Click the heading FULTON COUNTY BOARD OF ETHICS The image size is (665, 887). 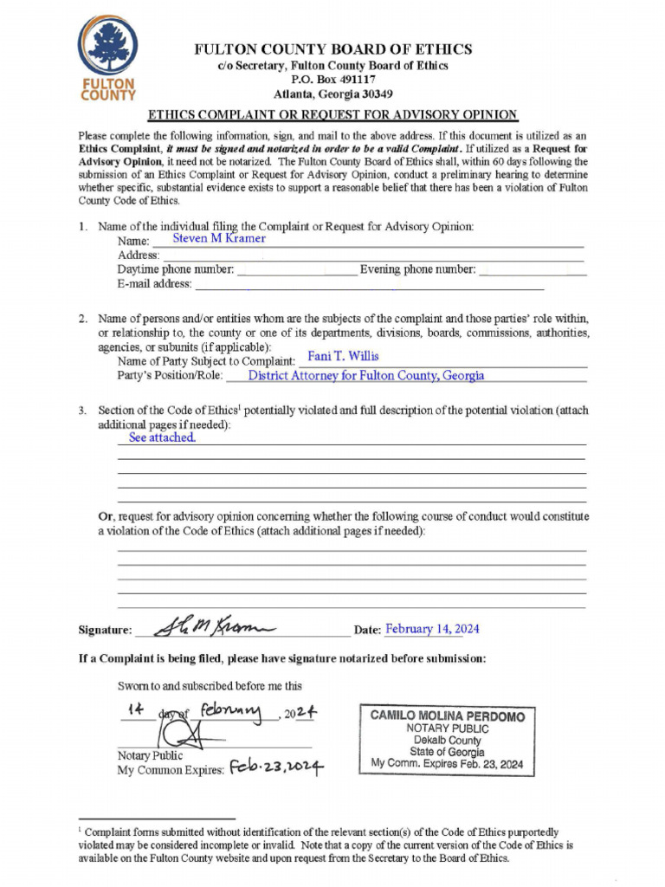pyautogui.click(x=332, y=49)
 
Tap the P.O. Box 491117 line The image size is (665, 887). pyautogui.click(x=332, y=80)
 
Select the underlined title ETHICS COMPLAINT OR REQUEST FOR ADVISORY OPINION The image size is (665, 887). pyautogui.click(x=332, y=114)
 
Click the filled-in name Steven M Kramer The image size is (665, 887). pyautogui.click(x=219, y=238)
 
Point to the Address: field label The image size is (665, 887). pyautogui.click(x=139, y=256)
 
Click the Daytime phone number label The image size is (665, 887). pyautogui.click(x=176, y=269)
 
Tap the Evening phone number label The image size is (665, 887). pyautogui.click(x=417, y=269)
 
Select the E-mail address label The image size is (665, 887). pyautogui.click(x=154, y=283)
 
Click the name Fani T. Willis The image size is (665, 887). pyautogui.click(x=343, y=356)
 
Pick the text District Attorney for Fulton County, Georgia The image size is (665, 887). pyautogui.click(x=366, y=376)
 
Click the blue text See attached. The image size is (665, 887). pyautogui.click(x=162, y=438)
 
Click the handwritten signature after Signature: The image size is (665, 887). pyautogui.click(x=213, y=626)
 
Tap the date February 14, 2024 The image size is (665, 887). pyautogui.click(x=432, y=630)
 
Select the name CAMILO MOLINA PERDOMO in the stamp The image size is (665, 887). pyautogui.click(x=447, y=716)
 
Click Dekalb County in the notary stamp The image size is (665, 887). pyautogui.click(x=447, y=741)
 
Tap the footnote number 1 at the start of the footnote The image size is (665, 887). pyautogui.click(x=81, y=830)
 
